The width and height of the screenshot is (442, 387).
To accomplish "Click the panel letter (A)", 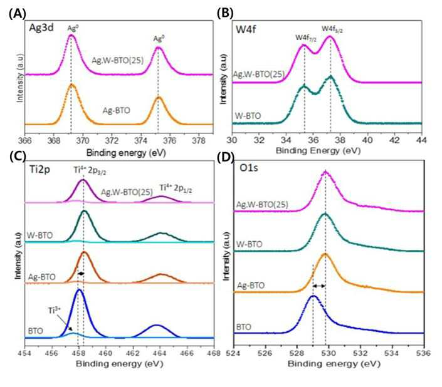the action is pos(18,14).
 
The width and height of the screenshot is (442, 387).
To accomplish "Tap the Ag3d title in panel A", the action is pos(41,28).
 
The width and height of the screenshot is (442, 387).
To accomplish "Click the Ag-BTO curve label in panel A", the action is pos(116,110).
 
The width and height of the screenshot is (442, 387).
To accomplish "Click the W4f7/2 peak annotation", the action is pos(306,38).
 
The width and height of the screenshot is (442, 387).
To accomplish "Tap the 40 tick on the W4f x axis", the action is pos(367,140).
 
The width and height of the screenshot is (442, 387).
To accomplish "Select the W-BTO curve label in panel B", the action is pos(248,116).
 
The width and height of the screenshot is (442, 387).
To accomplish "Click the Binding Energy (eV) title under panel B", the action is pos(318,150).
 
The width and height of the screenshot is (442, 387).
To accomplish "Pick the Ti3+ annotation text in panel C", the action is pos(55,311).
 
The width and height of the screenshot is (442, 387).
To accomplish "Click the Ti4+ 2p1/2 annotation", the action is pos(176,188).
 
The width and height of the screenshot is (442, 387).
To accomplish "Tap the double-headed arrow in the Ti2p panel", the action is pos(81,273).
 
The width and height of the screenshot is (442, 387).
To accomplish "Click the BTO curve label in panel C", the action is pos(36,331).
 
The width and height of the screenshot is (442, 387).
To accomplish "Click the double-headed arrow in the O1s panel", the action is pos(319,286).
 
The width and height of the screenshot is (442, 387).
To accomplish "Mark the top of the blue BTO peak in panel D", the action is pos(313,296).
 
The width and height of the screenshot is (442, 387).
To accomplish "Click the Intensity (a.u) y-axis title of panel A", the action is pos(20,78).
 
